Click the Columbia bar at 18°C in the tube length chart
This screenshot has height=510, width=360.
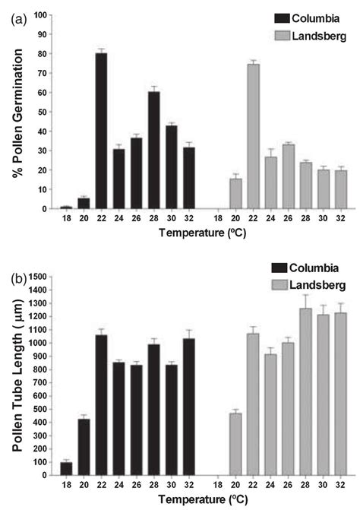tap(66, 468)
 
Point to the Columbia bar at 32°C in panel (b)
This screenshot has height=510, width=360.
tap(188, 402)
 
